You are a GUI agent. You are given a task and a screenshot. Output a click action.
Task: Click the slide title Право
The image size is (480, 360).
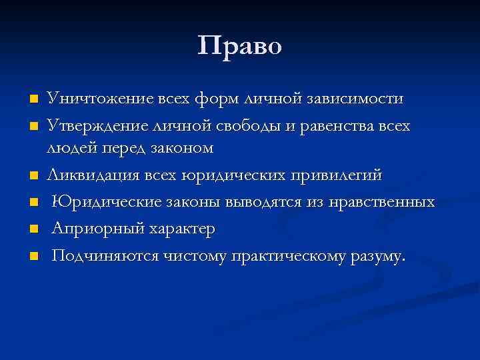(x=240, y=46)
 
